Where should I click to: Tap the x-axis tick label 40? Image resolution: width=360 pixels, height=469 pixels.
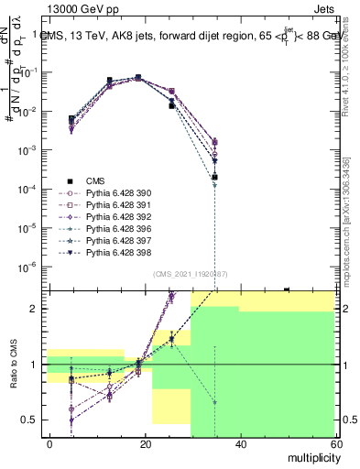(240, 444)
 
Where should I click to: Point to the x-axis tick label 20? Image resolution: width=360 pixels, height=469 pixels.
(146, 444)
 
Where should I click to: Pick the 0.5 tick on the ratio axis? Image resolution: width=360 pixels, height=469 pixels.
(31, 420)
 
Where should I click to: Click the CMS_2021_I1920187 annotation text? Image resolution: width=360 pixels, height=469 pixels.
(190, 274)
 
